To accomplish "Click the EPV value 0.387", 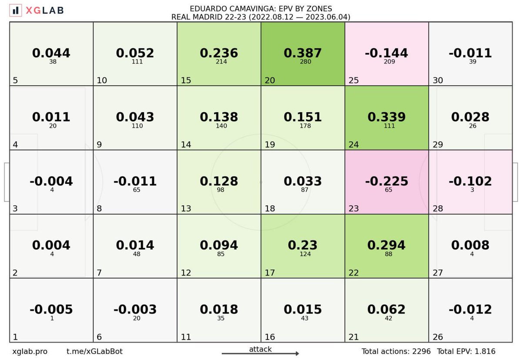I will click(x=303, y=53).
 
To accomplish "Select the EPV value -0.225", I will click(x=387, y=181).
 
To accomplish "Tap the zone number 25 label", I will click(x=353, y=80).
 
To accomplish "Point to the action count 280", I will click(x=303, y=62).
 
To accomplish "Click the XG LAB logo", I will click(x=37, y=10).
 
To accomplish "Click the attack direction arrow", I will click(x=260, y=353).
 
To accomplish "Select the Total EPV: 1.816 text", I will click(x=466, y=351).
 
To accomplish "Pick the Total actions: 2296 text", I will click(x=396, y=351).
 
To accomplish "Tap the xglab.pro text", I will click(x=30, y=351).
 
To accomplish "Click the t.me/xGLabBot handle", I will click(x=91, y=351).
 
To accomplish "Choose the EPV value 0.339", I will click(x=387, y=117).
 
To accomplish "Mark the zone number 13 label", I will click(x=186, y=209).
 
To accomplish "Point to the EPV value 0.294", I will click(x=387, y=245).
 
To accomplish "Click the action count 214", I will click(x=219, y=62).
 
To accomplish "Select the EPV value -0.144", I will click(x=387, y=53).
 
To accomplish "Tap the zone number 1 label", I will click(x=15, y=337).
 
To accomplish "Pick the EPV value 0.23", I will click(x=303, y=245).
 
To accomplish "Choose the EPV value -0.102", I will click(x=471, y=181).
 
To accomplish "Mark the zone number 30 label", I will click(x=438, y=80).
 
